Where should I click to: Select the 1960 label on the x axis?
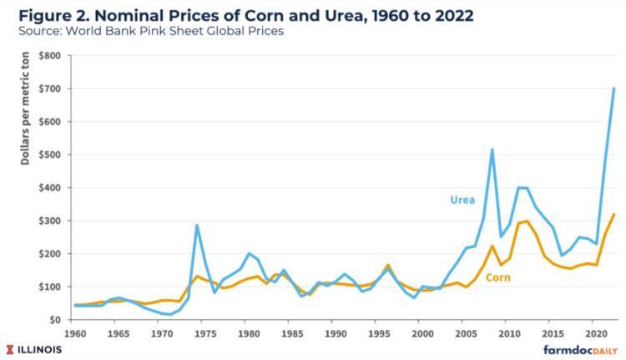coord(75,332)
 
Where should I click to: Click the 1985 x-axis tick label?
coord(292,332)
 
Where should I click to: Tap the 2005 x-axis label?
coord(466,332)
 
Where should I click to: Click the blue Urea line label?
coord(464,200)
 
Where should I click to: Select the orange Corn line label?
coord(498,276)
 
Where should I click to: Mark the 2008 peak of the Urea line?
coord(492,150)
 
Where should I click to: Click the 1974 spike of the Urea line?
coord(197,225)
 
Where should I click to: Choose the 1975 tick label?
coord(205,332)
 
